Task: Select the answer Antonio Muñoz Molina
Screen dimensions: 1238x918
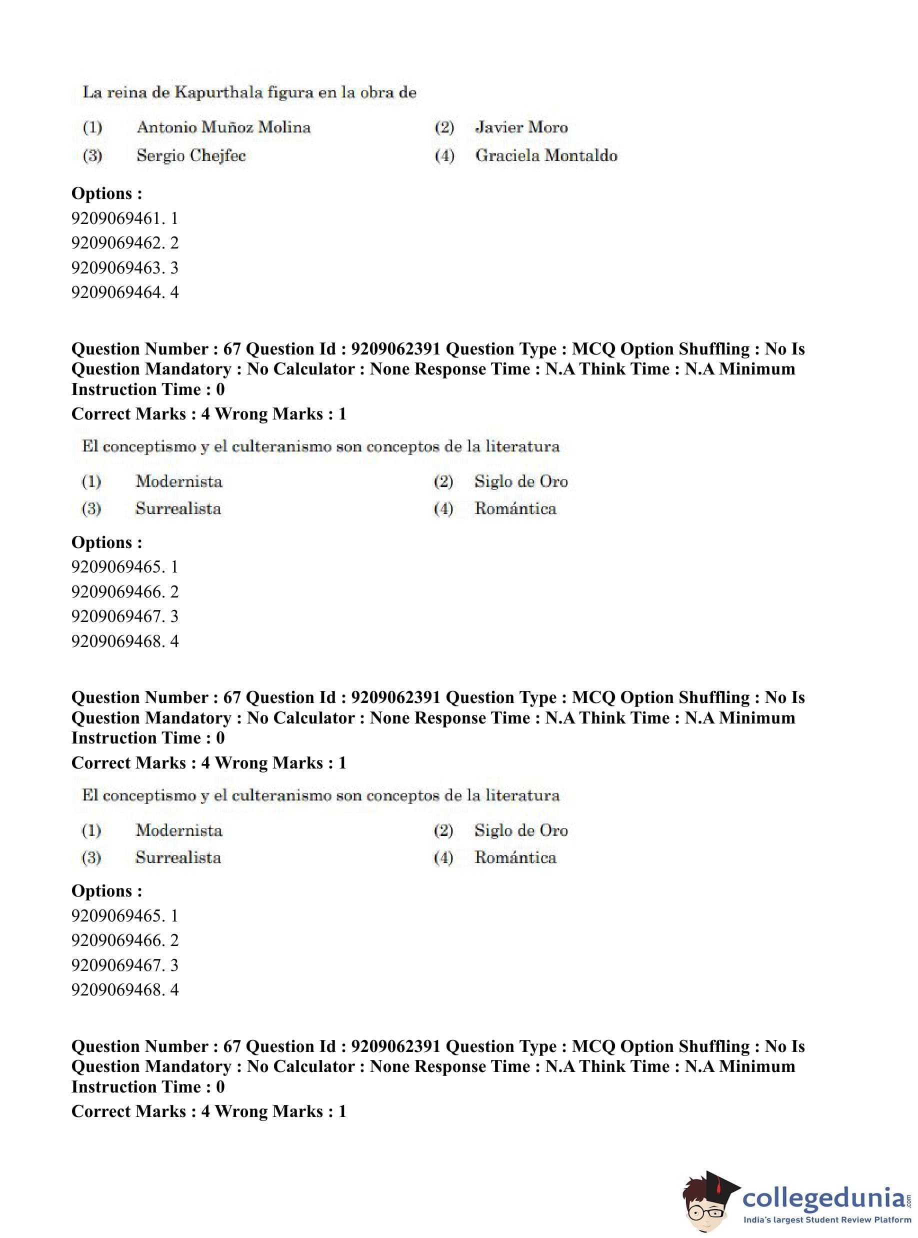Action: (223, 127)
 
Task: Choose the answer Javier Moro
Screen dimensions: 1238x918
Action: (521, 127)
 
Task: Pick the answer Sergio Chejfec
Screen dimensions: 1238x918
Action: (191, 155)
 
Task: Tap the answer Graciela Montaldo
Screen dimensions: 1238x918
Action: (546, 155)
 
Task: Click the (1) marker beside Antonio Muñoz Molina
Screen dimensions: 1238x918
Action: (92, 127)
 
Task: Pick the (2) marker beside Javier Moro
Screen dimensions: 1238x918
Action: (444, 127)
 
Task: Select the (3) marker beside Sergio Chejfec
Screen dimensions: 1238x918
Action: (92, 155)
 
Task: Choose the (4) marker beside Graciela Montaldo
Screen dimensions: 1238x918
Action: (444, 155)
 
